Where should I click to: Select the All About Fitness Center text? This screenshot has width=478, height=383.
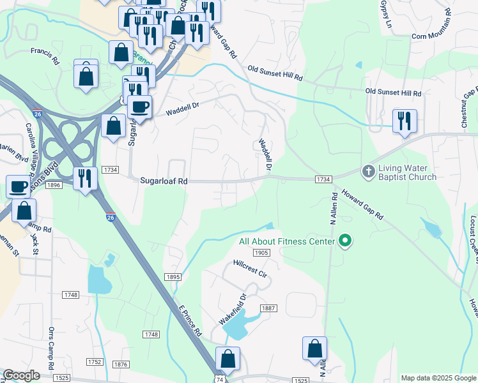287,241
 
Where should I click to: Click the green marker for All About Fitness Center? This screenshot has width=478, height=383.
346,241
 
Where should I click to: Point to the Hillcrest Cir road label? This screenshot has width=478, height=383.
249,267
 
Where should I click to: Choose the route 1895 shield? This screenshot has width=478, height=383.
173,277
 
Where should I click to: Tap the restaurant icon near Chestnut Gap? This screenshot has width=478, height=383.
405,121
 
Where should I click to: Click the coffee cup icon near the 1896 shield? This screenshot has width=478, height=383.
18,187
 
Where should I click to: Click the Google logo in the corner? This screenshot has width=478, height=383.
21,375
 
